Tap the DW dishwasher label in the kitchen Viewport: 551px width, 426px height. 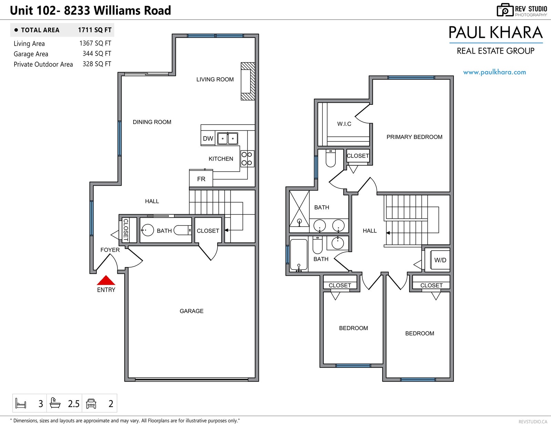pos(208,139)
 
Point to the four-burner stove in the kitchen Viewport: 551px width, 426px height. pos(247,159)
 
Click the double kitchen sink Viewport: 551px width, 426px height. pos(228,139)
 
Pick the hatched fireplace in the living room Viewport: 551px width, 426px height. pos(248,81)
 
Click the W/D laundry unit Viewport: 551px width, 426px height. pos(440,260)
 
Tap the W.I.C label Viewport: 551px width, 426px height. pos(344,124)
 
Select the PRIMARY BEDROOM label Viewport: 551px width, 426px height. pos(414,137)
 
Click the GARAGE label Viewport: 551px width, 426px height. pos(191,311)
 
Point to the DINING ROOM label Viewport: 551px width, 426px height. pos(152,122)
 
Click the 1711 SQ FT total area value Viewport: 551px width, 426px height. pos(95,30)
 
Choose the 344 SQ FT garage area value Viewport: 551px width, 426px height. pos(97,53)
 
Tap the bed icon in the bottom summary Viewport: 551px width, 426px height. pos(21,403)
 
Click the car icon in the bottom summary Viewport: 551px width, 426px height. pos(91,403)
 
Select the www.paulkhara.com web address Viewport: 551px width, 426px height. pos(495,72)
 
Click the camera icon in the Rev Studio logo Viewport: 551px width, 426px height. pos(505,10)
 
